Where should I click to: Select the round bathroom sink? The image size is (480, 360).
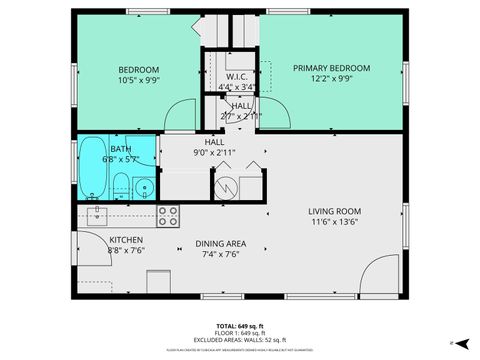144,186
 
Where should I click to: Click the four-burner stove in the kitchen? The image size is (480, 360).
168,216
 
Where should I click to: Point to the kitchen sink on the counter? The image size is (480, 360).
98,213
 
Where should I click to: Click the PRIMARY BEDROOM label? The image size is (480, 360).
331,68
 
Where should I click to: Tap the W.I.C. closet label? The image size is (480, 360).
237,76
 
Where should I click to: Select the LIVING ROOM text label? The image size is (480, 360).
334,212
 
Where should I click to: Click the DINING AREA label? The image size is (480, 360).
221,243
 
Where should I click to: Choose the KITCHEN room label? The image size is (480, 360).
126,240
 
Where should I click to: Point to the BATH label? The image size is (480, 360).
120,149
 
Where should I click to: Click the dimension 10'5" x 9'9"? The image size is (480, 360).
138,80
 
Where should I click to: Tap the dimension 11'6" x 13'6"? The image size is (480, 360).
334,223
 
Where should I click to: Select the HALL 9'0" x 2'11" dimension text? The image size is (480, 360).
214,153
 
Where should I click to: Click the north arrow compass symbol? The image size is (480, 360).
453,342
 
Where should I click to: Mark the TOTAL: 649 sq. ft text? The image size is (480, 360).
240,326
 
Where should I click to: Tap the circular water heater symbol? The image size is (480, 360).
226,185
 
